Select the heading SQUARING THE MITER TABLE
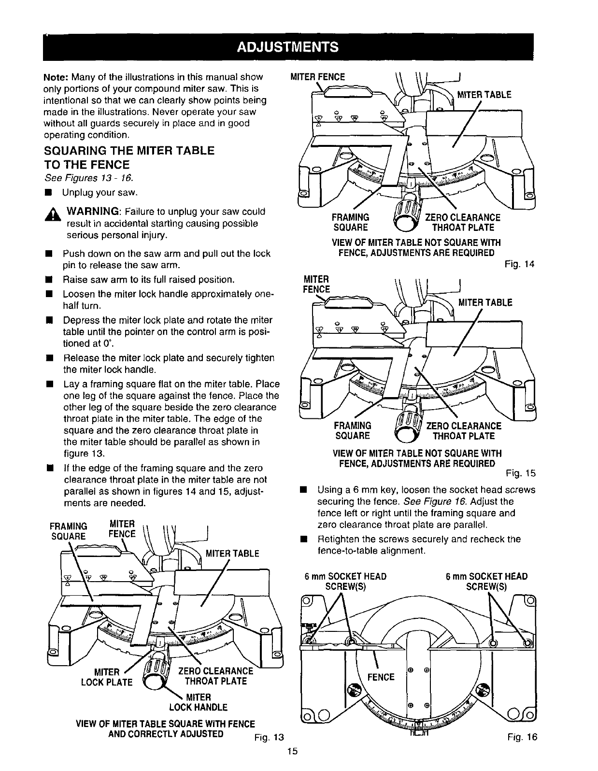pos(129,151)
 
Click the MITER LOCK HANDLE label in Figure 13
pos(198,702)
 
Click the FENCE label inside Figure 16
pos(381,677)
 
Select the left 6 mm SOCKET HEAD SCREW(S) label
pos(345,581)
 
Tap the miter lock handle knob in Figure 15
pos(407,425)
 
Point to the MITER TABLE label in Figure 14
pos(484,95)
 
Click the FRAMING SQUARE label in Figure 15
pos(352,430)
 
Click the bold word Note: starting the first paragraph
pos(57,77)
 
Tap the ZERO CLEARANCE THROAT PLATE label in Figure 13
pos(215,676)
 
